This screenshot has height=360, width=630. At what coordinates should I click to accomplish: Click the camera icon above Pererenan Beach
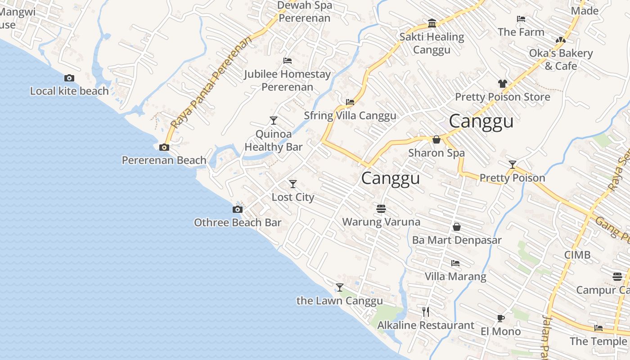(x=164, y=147)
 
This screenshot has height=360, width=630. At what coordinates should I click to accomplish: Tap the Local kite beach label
(x=69, y=91)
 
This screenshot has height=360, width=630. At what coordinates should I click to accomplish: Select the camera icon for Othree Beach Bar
(x=237, y=209)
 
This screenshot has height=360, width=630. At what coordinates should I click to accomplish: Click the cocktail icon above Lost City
(x=293, y=184)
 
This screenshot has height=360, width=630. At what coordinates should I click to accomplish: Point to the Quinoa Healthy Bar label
(x=273, y=140)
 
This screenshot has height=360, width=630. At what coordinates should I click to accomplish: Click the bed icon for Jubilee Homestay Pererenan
(x=288, y=61)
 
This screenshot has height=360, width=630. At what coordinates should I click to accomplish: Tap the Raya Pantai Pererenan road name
(x=211, y=83)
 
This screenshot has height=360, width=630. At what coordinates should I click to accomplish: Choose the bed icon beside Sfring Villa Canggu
(x=350, y=102)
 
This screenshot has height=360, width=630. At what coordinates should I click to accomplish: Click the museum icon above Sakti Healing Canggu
(x=432, y=23)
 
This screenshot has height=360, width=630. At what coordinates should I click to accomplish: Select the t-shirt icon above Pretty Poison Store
(x=502, y=84)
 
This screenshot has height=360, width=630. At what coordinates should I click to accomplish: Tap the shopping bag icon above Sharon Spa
(x=436, y=139)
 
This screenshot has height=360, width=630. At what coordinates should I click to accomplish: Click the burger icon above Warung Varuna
(x=381, y=208)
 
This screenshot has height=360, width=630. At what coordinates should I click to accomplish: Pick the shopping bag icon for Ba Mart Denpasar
(x=457, y=227)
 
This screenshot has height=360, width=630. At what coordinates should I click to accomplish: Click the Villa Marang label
(x=455, y=276)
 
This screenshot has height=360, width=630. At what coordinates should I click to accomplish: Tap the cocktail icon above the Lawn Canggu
(x=340, y=288)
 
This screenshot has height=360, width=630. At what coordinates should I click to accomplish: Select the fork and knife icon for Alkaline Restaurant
(x=426, y=311)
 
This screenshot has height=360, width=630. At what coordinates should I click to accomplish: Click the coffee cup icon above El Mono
(x=500, y=318)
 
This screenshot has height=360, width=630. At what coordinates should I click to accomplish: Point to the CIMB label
(x=577, y=255)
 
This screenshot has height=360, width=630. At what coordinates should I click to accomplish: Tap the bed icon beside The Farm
(x=521, y=19)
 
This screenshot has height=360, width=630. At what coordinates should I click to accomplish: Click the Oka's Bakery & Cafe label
(x=561, y=59)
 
